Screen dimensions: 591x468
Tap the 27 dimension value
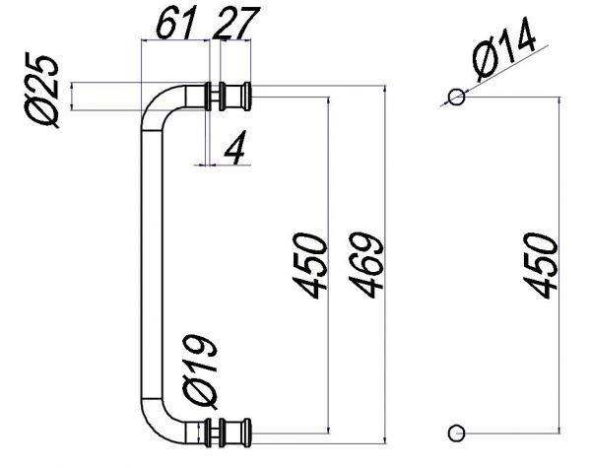(236, 23)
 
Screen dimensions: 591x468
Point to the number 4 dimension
(235, 148)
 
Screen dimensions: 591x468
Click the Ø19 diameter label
(200, 371)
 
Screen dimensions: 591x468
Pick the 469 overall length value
(365, 265)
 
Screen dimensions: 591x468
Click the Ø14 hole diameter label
(503, 49)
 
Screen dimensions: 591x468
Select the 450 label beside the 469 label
(309, 265)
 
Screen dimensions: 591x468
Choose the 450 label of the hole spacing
(540, 265)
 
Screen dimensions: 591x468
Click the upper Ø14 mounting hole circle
(456, 97)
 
